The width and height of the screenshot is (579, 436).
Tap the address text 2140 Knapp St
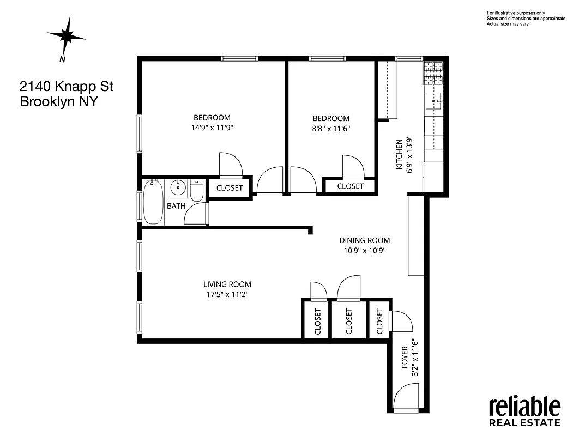coord(67,86)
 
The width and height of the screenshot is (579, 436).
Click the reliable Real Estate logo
coord(524,411)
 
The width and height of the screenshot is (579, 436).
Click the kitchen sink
coord(435,100)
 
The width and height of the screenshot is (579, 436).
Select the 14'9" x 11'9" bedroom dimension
coord(212,128)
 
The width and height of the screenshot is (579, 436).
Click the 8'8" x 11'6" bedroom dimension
coord(331,129)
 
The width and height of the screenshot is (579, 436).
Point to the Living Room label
coord(227,284)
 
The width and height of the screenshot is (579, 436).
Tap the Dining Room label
coord(365,240)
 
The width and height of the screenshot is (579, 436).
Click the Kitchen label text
coord(399,154)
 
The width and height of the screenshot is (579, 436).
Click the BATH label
coord(176,206)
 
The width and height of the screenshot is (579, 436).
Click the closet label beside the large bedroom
coord(230,188)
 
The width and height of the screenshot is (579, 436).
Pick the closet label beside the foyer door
coord(380,321)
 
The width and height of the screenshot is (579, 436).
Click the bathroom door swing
coord(197,214)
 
